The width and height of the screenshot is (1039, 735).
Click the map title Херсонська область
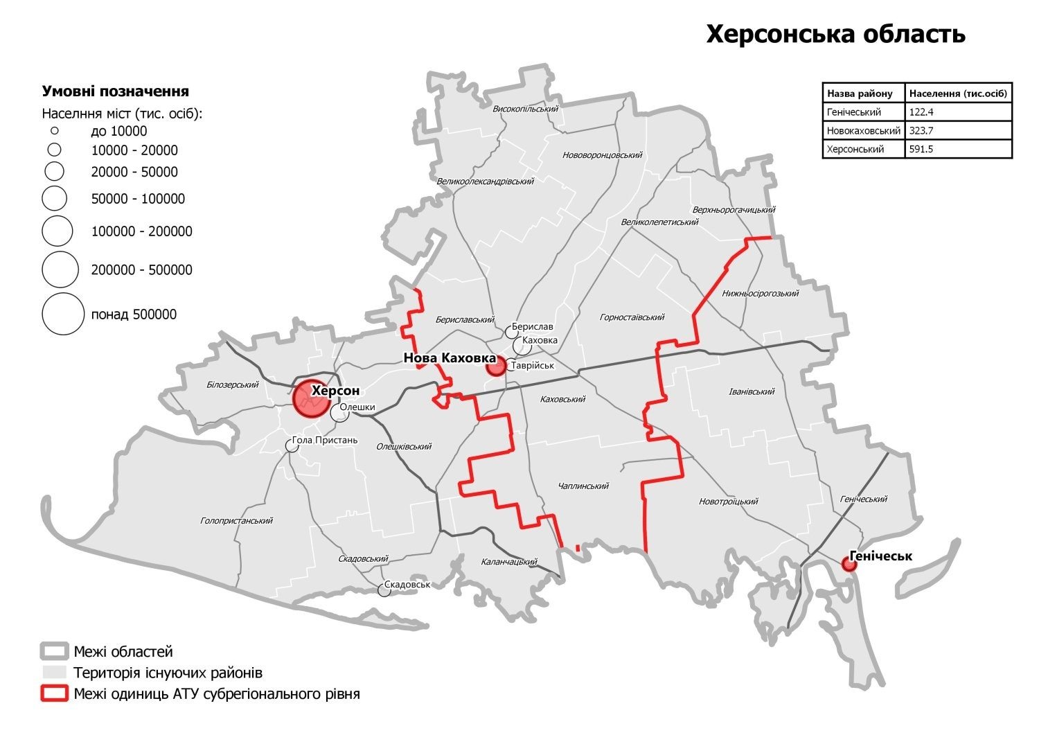tap(835, 34)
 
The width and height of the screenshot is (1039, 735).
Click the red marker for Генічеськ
tap(849, 565)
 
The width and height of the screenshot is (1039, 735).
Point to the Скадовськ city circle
tap(384, 590)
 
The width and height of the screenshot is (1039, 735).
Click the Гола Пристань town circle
tap(292, 446)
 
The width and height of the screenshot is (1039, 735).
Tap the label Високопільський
tap(525, 109)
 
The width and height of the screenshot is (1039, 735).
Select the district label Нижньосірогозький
tap(760, 293)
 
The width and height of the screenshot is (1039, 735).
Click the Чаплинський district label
tap(583, 486)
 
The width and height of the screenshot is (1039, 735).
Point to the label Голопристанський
tap(236, 520)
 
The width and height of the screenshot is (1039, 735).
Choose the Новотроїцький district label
tap(728, 502)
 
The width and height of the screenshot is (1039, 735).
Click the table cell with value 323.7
tap(958, 130)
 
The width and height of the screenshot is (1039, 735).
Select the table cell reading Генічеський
tap(863, 112)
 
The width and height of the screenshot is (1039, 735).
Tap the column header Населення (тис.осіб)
tap(958, 93)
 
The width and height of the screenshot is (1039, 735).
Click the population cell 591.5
tap(958, 149)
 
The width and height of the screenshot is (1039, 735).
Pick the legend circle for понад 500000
tap(63, 314)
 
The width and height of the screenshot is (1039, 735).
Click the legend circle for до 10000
tap(54, 131)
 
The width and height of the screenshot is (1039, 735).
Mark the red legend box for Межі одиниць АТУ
tap(55, 693)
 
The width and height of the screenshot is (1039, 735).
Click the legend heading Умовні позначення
tap(116, 91)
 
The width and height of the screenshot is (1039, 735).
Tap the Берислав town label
tap(533, 327)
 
